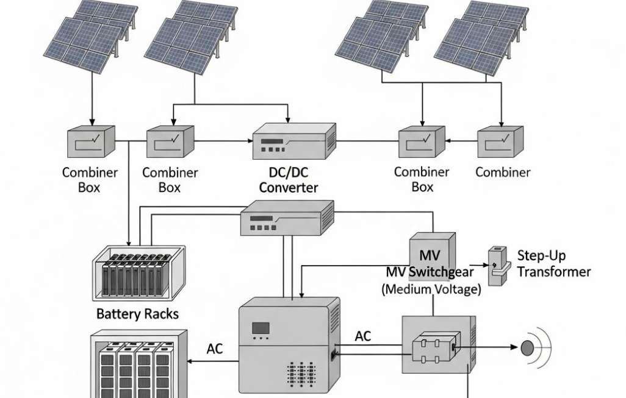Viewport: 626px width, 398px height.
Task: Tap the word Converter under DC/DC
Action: (289, 188)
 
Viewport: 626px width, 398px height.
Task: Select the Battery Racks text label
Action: (138, 314)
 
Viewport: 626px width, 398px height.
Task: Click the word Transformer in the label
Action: (554, 271)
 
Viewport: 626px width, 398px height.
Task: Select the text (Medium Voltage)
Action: (431, 289)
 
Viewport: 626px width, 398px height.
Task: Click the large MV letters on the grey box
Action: (431, 254)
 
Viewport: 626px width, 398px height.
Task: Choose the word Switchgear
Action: (444, 272)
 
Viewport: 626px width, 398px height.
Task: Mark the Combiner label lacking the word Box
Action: (503, 172)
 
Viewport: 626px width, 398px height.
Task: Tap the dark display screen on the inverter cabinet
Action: (262, 328)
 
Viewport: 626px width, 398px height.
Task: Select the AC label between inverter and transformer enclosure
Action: (363, 336)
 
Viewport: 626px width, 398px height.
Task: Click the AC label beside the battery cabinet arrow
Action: (215, 349)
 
